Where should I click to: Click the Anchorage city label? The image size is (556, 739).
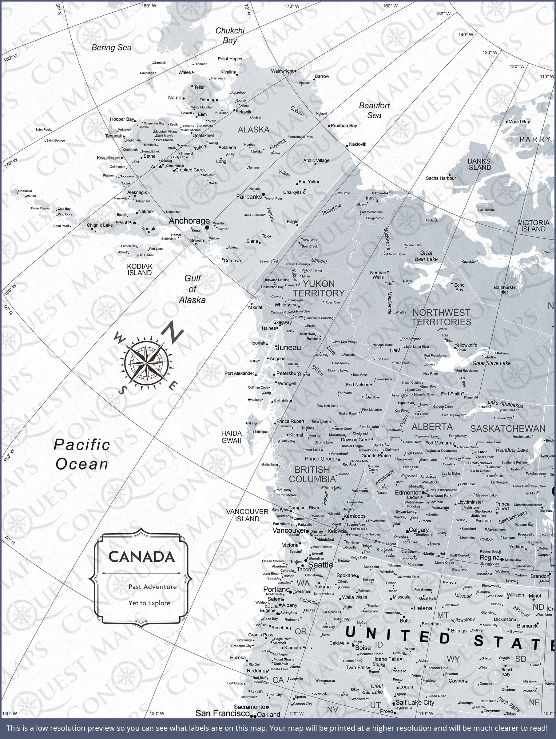tap(189, 221)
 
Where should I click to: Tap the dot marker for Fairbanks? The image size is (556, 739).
tap(263, 194)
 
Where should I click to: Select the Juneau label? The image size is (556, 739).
tap(288, 347)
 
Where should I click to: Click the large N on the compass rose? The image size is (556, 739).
tap(172, 332)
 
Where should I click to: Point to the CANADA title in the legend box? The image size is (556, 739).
tap(141, 557)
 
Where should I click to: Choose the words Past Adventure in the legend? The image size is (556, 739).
tap(153, 587)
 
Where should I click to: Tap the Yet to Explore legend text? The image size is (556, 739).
tap(149, 603)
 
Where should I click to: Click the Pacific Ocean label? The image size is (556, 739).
tap(82, 454)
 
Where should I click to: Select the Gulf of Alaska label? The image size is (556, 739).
tap(192, 289)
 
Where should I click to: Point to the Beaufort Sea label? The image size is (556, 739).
tap(374, 110)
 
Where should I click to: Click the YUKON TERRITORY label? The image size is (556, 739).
tap(319, 289)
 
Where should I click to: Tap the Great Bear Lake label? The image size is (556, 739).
tap(426, 256)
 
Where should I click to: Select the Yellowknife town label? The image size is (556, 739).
tap(466, 345)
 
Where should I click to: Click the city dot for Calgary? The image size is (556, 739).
tap(407, 531)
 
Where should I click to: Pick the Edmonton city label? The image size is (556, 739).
tap(408, 492)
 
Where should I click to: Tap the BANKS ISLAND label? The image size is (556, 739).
tap(479, 164)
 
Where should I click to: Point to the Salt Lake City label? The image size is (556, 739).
tap(415, 703)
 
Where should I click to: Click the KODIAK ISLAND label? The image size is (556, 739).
tap(140, 269)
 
